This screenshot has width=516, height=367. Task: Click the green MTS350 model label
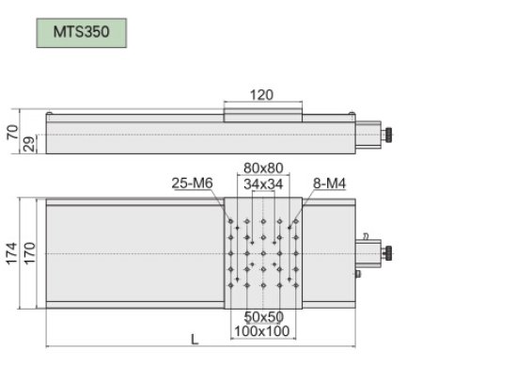81,33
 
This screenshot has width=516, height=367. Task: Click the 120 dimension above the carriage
261,95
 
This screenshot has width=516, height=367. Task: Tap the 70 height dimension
12,132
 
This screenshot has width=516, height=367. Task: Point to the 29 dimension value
29,144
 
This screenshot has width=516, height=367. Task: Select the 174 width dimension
11,253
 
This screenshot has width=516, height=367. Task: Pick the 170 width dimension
29,253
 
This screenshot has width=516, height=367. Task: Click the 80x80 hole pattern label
263,168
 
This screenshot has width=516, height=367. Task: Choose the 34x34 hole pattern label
263,184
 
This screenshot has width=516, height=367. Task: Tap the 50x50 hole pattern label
264,317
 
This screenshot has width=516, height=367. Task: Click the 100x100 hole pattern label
262,331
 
